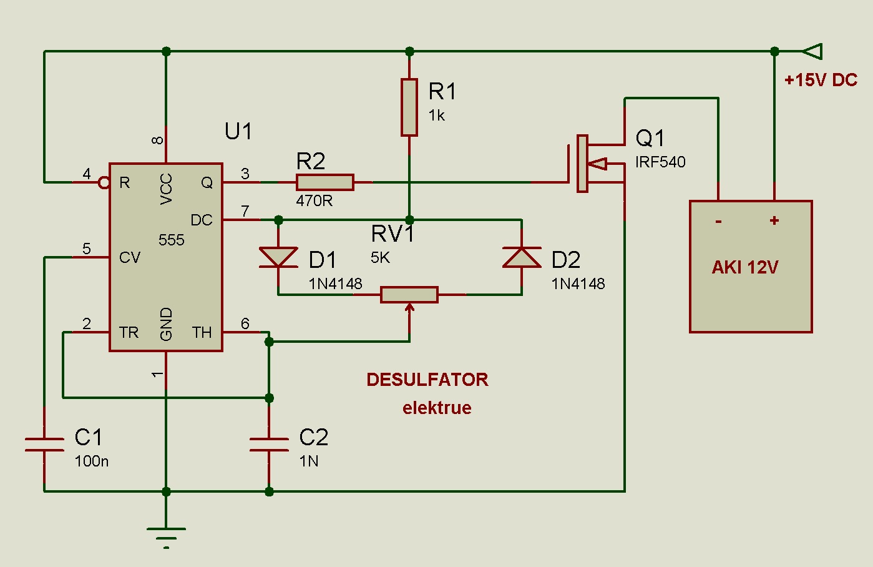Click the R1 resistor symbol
point(409,107)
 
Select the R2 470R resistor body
point(324,182)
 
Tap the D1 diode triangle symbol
point(278,257)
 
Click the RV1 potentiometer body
point(409,294)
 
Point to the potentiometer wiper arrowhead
point(409,307)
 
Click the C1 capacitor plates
point(44,444)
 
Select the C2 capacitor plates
point(269,444)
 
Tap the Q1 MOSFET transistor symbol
point(590,164)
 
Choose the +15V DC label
point(821,80)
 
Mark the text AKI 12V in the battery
point(745,267)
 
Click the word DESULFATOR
point(427,380)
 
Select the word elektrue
point(437,408)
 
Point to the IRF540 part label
point(660,162)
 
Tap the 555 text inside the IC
point(171,240)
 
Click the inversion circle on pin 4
point(104,182)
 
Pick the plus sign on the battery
point(774,220)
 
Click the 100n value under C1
point(92,461)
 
